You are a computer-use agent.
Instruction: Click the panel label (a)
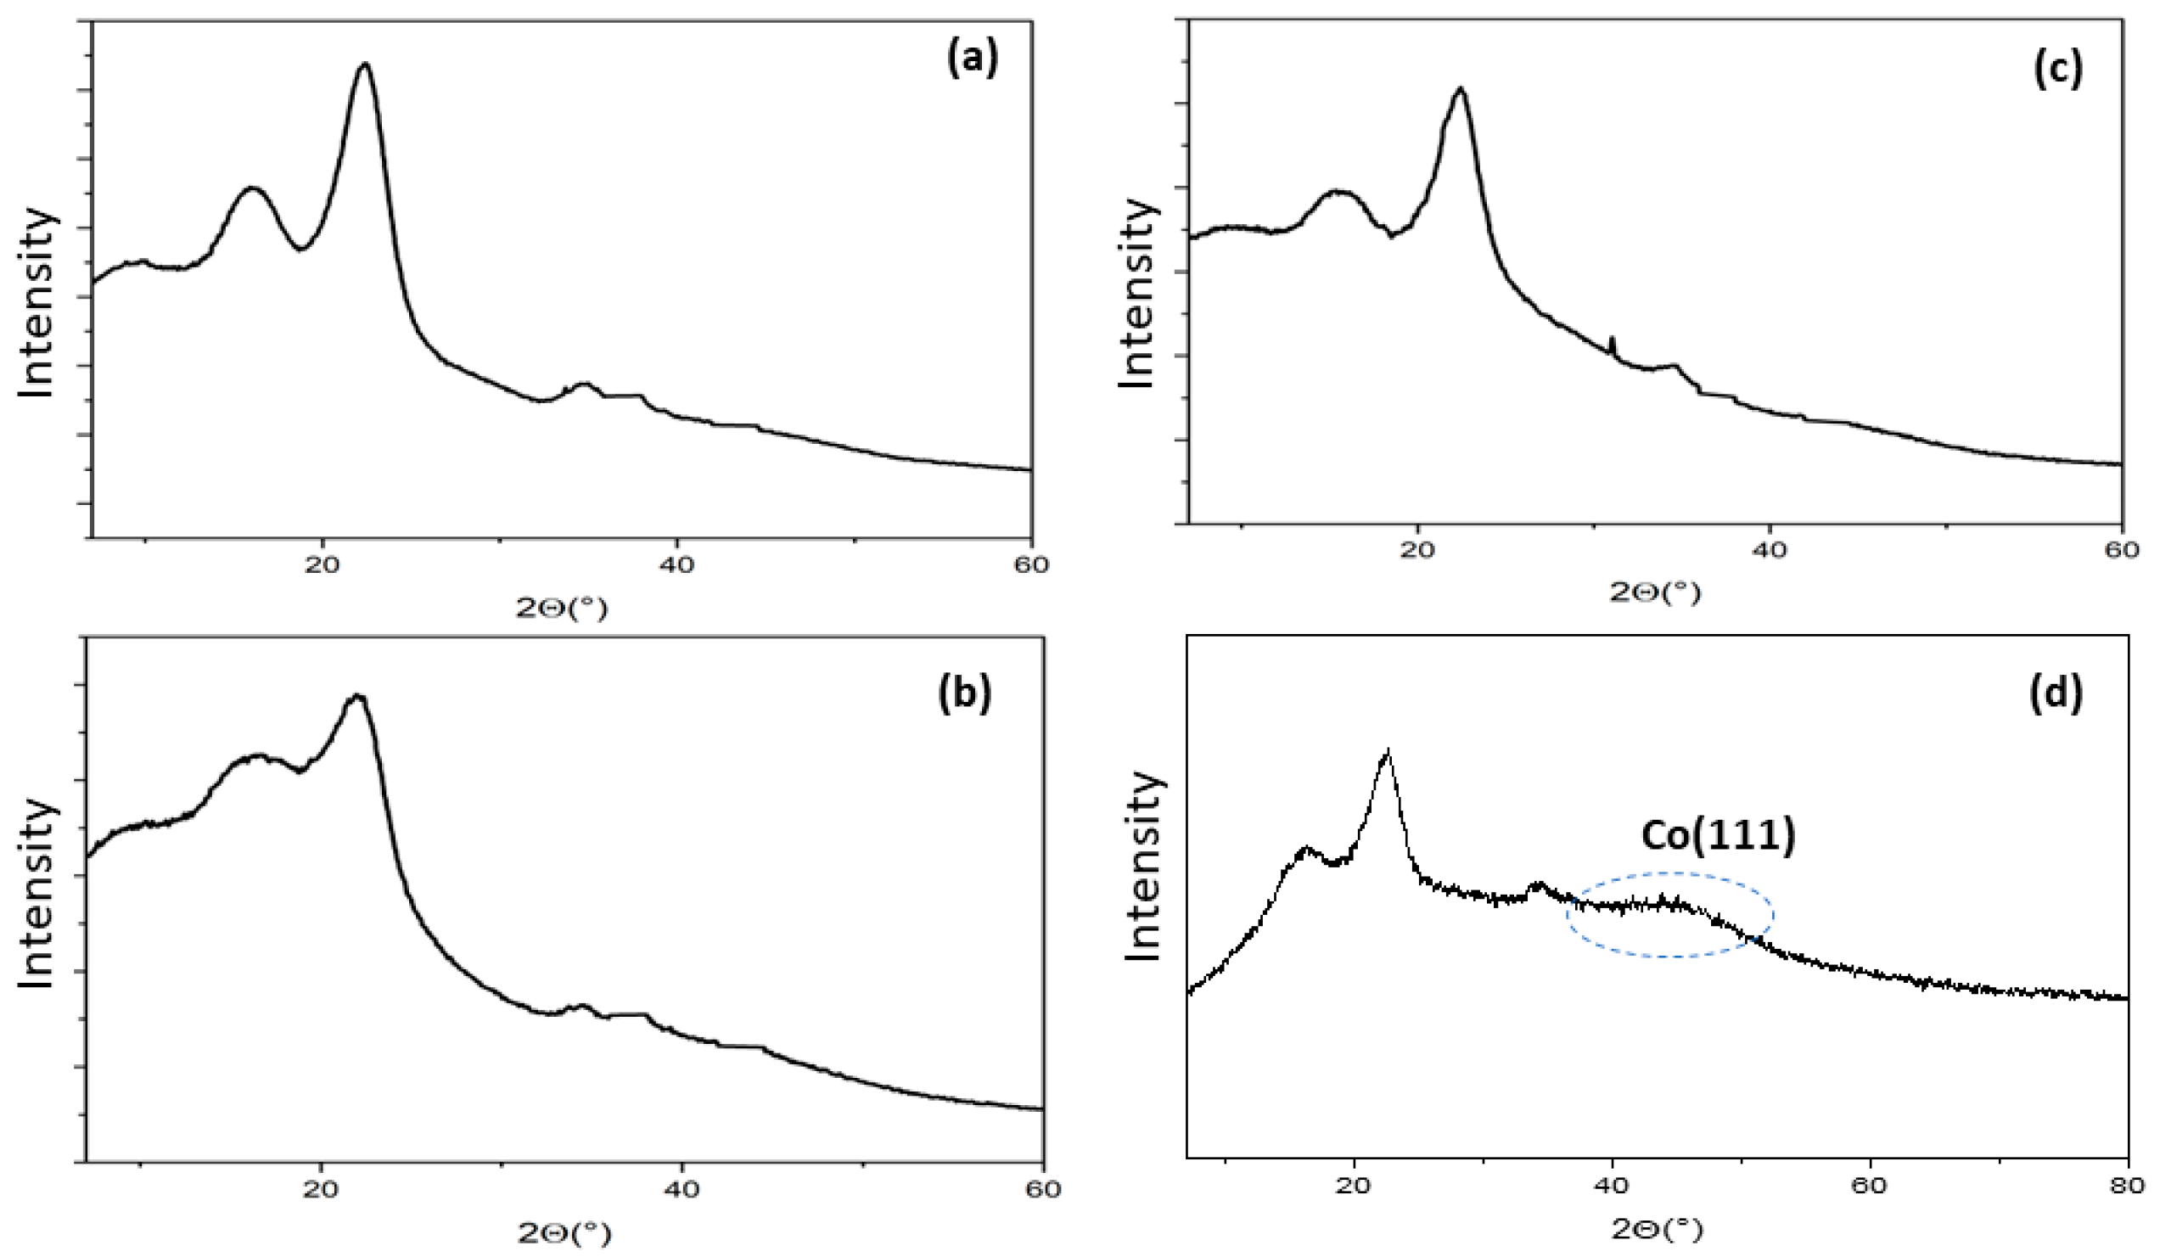[x=972, y=61]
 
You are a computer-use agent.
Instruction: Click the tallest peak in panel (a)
[x=365, y=65]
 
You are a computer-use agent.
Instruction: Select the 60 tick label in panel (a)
[x=1031, y=565]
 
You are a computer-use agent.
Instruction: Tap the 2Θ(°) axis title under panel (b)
[x=564, y=1235]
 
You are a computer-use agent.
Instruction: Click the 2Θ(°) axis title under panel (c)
[x=1655, y=592]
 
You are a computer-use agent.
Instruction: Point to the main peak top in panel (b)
[x=356, y=696]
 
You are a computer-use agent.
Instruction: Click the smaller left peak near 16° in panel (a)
[x=251, y=188]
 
